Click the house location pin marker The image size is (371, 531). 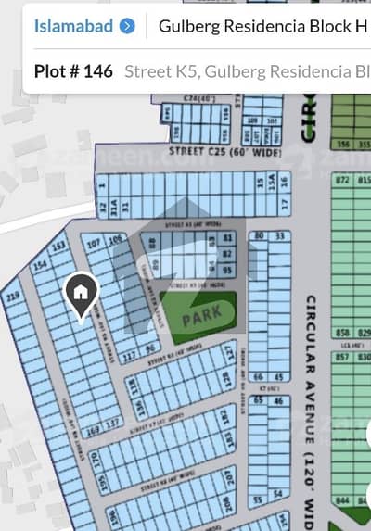pyautogui.click(x=81, y=295)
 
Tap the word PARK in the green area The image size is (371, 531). pyautogui.click(x=201, y=316)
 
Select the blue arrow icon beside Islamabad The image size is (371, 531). pyautogui.click(x=127, y=26)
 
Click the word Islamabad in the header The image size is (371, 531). pyautogui.click(x=74, y=26)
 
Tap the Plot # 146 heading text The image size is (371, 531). pyautogui.click(x=72, y=70)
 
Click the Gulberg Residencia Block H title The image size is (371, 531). pyautogui.click(x=263, y=26)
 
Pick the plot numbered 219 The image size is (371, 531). pyautogui.click(x=13, y=297)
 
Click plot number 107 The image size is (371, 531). pyautogui.click(x=94, y=245)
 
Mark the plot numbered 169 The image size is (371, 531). pyautogui.click(x=90, y=430)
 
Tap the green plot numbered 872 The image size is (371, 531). pyautogui.click(x=342, y=178)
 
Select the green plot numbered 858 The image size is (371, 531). pyautogui.click(x=342, y=332)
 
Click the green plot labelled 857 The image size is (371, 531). pyautogui.click(x=342, y=357)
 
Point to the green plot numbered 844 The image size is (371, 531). pyautogui.click(x=342, y=501)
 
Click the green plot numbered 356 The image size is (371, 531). pyautogui.click(x=342, y=144)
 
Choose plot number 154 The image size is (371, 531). pyautogui.click(x=40, y=266)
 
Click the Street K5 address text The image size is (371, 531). pyautogui.click(x=246, y=70)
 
